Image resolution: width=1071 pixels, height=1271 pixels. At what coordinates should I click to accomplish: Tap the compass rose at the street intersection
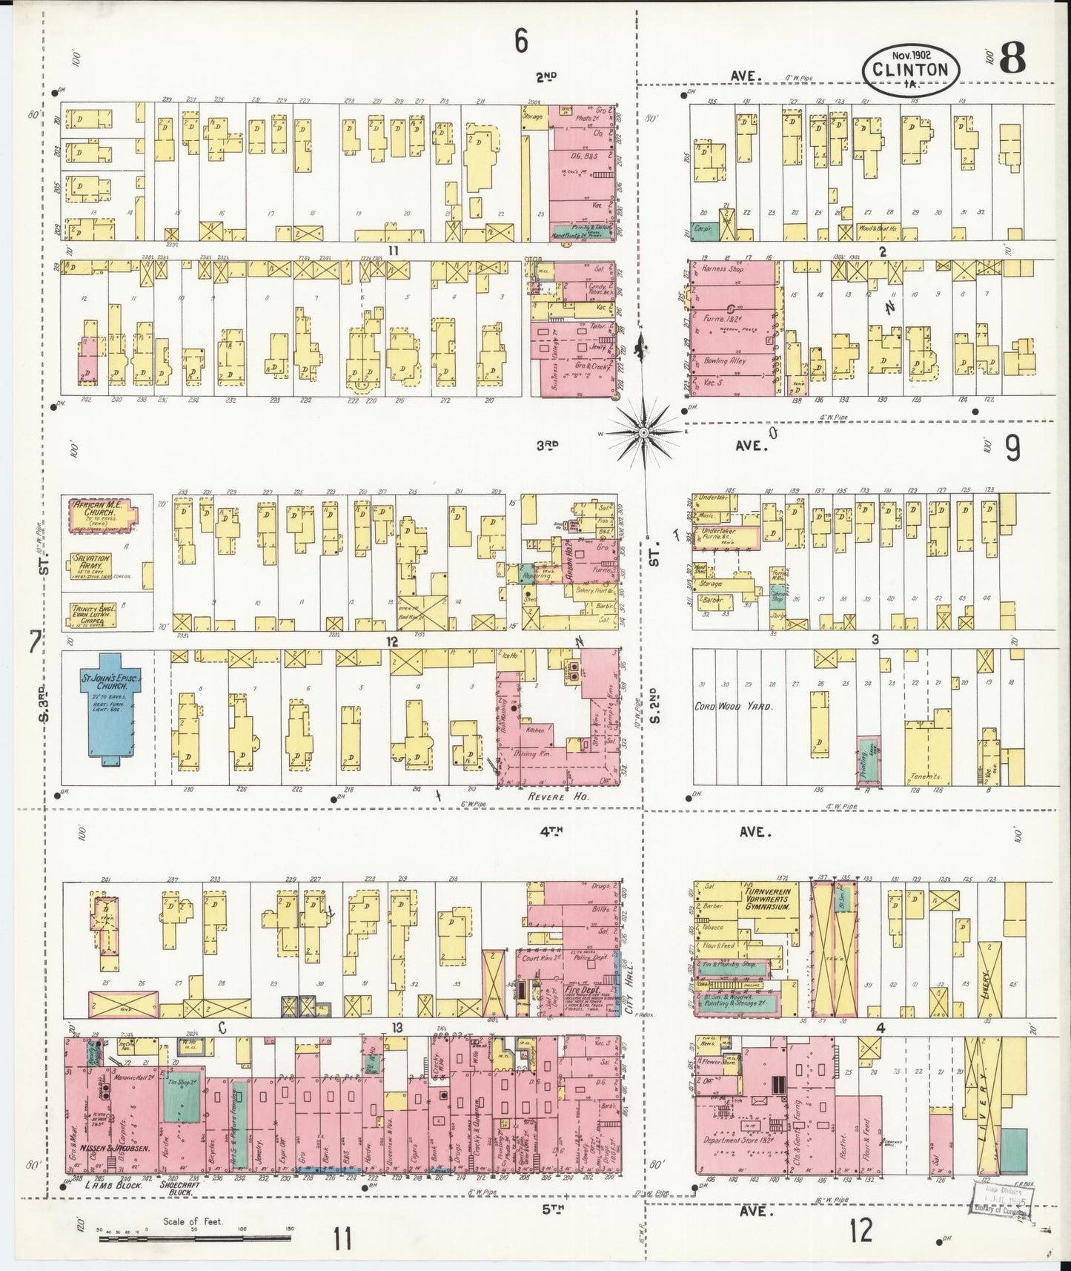point(644,431)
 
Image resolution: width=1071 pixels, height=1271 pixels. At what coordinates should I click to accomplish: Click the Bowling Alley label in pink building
point(726,361)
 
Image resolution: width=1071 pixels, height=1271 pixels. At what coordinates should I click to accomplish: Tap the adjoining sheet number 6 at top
point(521,42)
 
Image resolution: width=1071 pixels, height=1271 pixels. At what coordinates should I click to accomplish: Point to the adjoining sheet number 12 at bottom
point(861,1230)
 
